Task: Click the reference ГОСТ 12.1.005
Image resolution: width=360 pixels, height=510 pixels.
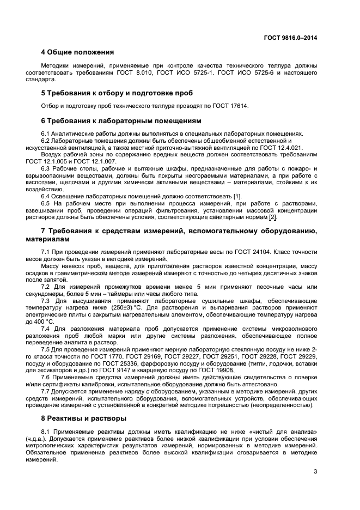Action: pyautogui.click(x=60, y=162)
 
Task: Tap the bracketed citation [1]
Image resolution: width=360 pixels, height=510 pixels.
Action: pyautogui.click(x=237, y=196)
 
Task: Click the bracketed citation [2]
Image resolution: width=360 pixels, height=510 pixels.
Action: pyautogui.click(x=273, y=217)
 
